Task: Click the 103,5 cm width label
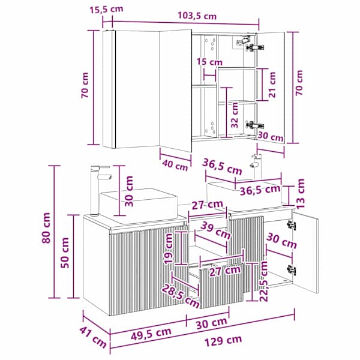197,16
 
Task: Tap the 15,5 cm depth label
106,10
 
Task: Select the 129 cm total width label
223,341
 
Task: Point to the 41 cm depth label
93,337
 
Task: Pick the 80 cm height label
46,228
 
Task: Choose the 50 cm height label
65,253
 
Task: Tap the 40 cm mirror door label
175,165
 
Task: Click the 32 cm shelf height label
235,115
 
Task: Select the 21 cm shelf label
272,85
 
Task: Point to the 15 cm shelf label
209,62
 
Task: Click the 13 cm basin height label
301,193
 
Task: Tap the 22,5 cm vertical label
264,281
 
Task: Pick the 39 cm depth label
215,230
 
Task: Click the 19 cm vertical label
168,248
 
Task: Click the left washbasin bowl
139,205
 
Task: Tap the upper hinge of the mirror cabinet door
254,47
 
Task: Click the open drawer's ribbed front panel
221,286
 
